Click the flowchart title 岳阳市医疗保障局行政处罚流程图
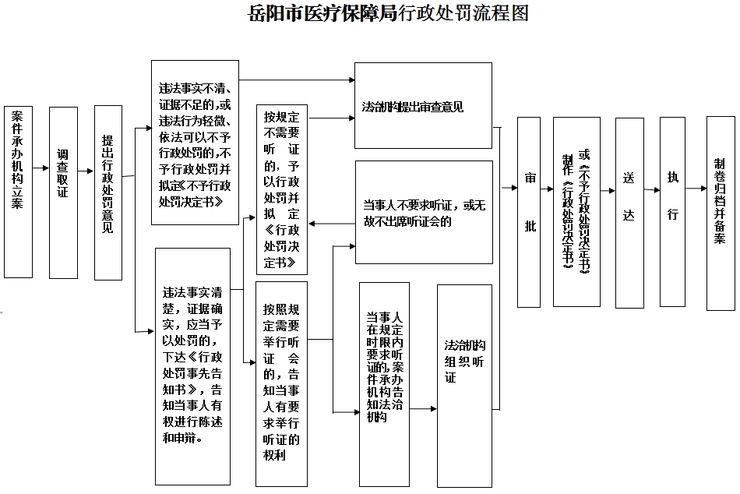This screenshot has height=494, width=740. [x=386, y=14]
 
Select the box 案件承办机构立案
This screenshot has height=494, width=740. [x=18, y=192]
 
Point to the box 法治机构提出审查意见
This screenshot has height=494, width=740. [x=423, y=105]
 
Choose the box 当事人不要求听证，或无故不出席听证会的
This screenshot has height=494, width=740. [x=424, y=212]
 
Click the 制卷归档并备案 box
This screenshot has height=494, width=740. [x=720, y=202]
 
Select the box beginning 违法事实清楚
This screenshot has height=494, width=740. [x=192, y=365]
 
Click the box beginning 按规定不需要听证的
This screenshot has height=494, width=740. [x=281, y=189]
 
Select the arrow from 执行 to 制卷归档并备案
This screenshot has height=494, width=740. [x=696, y=189]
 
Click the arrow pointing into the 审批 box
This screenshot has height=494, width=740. [x=509, y=188]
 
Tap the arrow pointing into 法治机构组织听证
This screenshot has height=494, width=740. [x=424, y=408]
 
